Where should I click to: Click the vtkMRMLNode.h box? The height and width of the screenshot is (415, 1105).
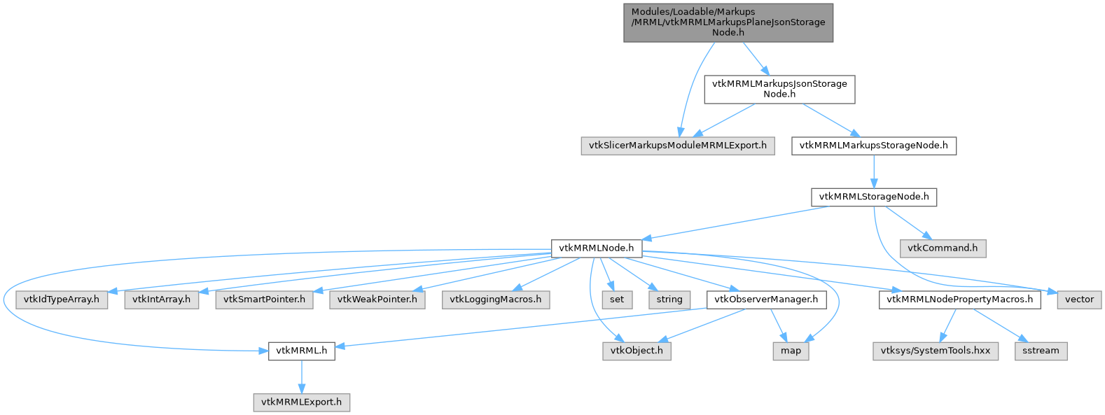coord(597,248)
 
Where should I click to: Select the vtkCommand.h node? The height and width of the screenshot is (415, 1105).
coord(943,248)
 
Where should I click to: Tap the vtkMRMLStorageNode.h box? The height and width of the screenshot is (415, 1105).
coord(874,197)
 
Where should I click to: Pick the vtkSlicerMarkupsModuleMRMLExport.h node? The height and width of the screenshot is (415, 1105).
coord(678,146)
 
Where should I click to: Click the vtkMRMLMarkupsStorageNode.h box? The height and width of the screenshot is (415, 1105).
coord(874,146)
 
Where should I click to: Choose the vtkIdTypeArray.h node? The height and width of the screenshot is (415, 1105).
coord(62,300)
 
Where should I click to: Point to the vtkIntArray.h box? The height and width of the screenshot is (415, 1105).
coord(161,300)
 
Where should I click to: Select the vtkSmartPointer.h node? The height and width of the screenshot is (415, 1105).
coord(264,300)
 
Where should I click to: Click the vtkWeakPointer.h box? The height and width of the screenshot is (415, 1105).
coord(377,300)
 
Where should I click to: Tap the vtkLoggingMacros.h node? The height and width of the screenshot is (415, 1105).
coord(496,300)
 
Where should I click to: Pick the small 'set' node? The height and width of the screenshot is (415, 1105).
coord(617,300)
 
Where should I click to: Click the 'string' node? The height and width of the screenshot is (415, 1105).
coord(669,300)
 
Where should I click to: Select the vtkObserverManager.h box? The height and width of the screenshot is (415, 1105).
coord(766,300)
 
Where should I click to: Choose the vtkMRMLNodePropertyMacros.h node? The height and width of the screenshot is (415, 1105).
coord(959,300)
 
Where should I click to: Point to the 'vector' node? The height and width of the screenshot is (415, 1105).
coord(1079,300)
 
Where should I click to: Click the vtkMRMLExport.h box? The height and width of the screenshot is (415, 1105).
coord(301,402)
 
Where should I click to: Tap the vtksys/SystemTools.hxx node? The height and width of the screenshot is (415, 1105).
coord(936,351)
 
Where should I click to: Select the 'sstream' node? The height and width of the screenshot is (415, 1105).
coord(1041,351)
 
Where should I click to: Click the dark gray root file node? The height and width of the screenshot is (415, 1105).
coord(728,22)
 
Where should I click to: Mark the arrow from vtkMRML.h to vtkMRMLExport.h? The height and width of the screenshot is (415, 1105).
coord(301,377)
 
